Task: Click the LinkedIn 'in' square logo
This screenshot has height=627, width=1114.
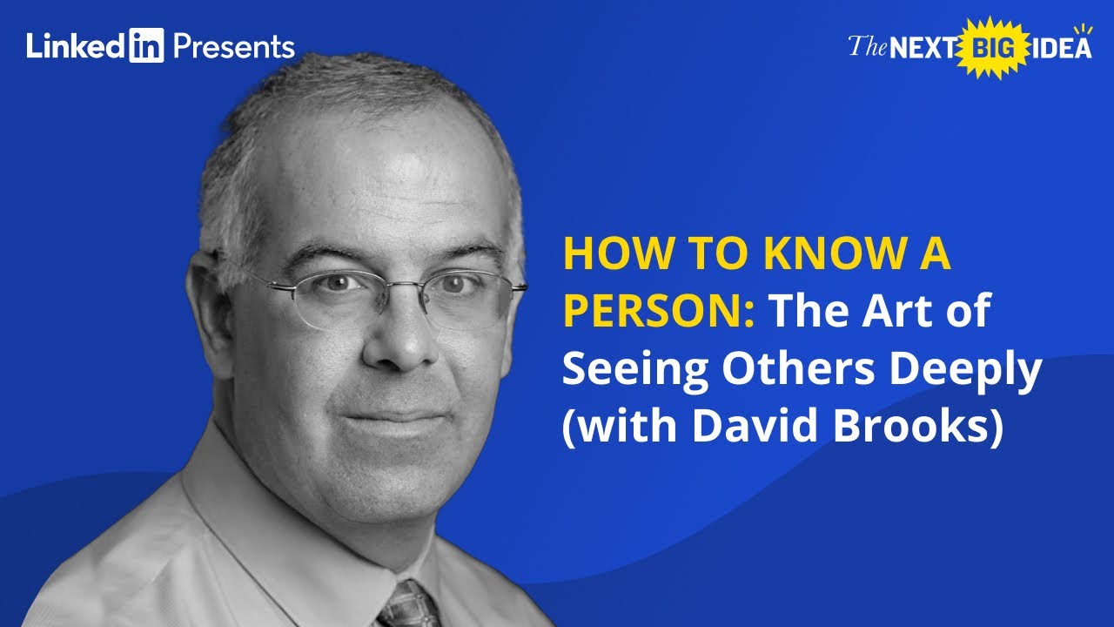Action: pyautogui.click(x=146, y=46)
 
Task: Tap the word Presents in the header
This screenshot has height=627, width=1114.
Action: pyautogui.click(x=233, y=46)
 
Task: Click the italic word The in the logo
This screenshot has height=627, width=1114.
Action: pyautogui.click(x=867, y=46)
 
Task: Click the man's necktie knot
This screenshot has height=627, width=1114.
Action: pyautogui.click(x=407, y=606)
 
